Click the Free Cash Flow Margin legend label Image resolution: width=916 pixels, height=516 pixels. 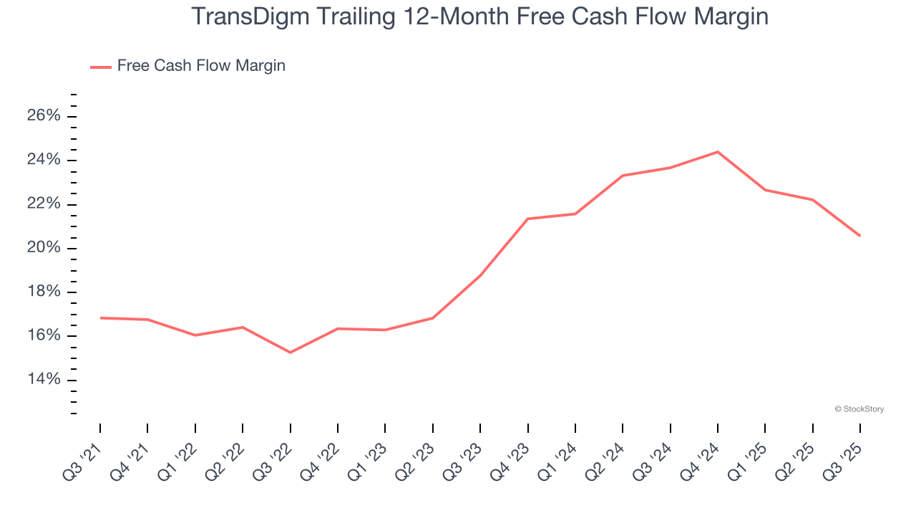[x=201, y=66]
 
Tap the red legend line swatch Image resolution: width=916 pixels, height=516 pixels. [x=101, y=67]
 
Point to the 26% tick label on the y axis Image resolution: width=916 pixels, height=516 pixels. [x=44, y=116]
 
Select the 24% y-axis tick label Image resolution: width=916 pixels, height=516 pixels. [x=44, y=160]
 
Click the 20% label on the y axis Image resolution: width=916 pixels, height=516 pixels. [x=44, y=248]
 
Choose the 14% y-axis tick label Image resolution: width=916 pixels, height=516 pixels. [x=44, y=379]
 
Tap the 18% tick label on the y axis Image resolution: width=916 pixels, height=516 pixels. [x=44, y=292]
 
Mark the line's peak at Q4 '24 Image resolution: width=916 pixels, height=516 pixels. [x=717, y=152]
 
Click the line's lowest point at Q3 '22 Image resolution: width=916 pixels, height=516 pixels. [x=290, y=353]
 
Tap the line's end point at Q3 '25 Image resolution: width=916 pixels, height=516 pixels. [x=859, y=236]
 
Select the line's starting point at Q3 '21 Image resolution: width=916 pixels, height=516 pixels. [x=100, y=317]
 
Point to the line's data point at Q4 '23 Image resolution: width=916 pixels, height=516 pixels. [x=527, y=219]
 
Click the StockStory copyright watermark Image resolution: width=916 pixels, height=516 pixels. [x=859, y=409]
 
